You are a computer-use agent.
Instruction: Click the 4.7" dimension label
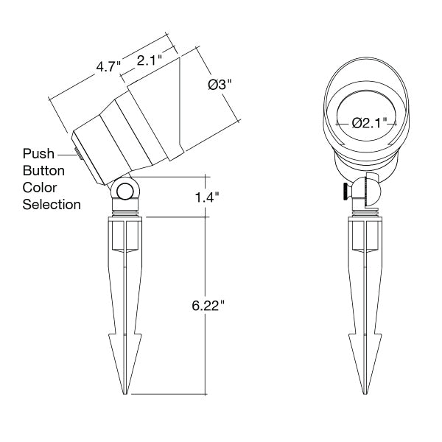point(108,67)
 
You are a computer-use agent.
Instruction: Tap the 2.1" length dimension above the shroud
point(150,60)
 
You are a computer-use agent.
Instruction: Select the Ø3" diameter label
point(220,84)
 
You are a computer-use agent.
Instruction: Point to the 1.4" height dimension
point(207,197)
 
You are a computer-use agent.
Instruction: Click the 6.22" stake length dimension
point(208,305)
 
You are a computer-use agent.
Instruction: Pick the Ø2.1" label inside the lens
point(370,123)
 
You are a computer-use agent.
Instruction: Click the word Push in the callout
point(38,154)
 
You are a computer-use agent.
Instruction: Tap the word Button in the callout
point(43,171)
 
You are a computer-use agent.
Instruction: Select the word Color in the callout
point(40,187)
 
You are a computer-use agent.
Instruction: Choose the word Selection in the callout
point(52,204)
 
